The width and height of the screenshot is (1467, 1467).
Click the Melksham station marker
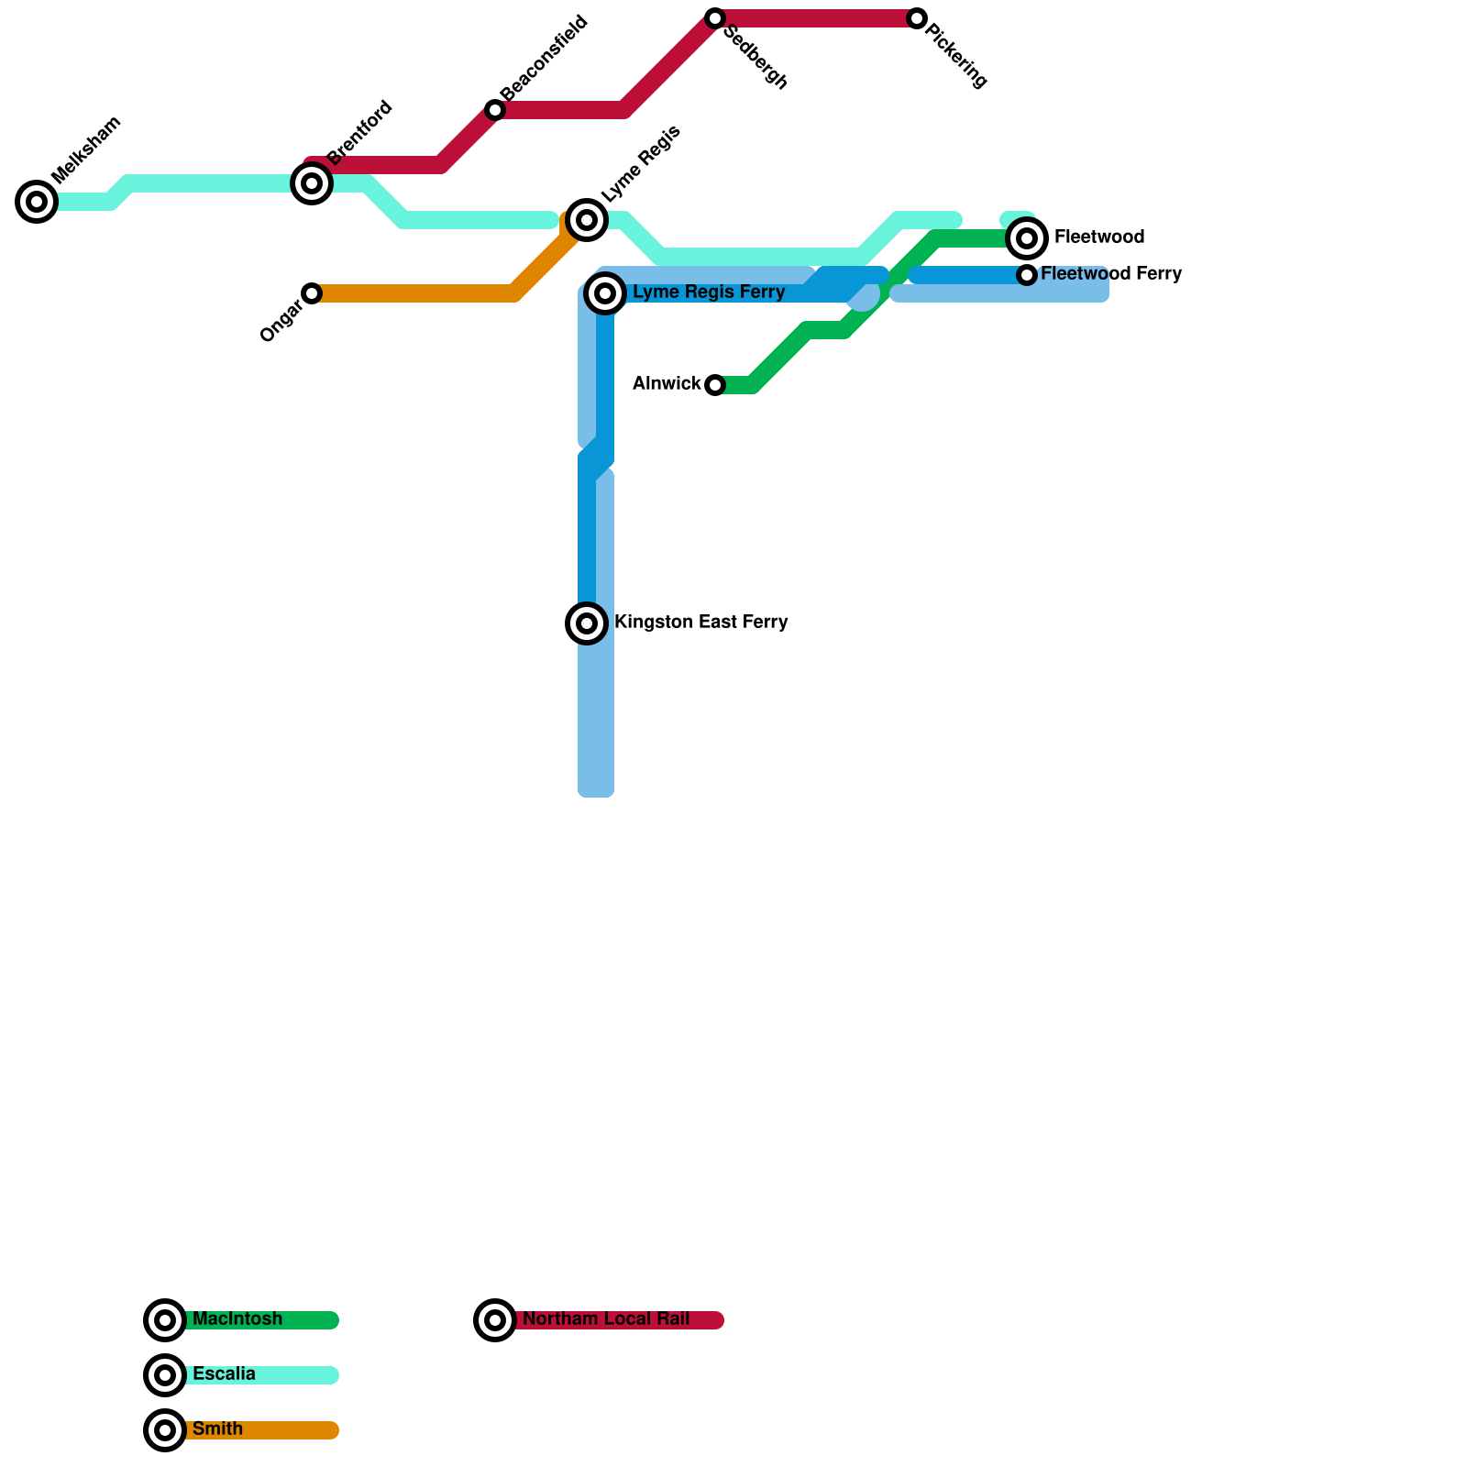tap(37, 202)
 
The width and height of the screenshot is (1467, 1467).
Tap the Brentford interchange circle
tap(312, 183)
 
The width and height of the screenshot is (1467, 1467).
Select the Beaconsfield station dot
tap(495, 110)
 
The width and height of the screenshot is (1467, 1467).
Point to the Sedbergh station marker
tap(715, 18)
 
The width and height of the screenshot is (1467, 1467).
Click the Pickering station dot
tap(917, 18)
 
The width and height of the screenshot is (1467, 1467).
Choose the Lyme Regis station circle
tap(587, 220)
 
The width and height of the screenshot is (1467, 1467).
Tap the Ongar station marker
tap(312, 293)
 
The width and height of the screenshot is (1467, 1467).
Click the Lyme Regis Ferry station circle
tap(605, 293)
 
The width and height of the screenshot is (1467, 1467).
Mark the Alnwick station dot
tap(715, 385)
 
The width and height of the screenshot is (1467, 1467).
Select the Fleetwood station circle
tap(1027, 238)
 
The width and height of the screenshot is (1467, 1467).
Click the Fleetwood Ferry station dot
tap(1027, 275)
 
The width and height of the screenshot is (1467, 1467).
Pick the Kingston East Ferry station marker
tap(587, 623)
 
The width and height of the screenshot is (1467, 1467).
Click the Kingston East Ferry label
tap(700, 623)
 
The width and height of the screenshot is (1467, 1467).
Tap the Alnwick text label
tap(667, 384)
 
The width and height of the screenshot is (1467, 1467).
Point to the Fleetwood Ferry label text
tap(1111, 274)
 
